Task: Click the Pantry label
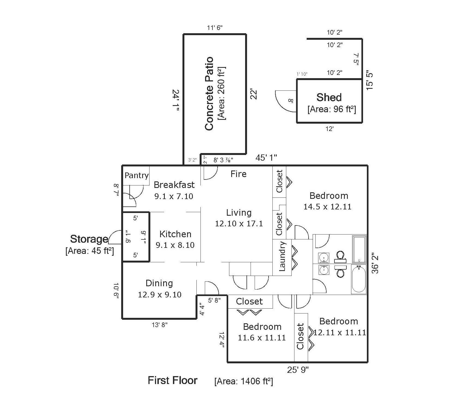point(136,175)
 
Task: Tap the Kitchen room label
point(175,234)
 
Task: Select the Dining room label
point(159,283)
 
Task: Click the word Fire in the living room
point(238,174)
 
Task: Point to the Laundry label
point(282,256)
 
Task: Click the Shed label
point(329,97)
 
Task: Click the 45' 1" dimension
point(266,157)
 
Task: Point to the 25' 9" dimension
point(298,370)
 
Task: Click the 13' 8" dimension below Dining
point(159,325)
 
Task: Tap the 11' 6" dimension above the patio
point(215,28)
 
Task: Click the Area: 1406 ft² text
point(243,381)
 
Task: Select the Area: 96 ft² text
point(332,109)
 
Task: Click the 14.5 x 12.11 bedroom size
point(327,207)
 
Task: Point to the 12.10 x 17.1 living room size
point(239,224)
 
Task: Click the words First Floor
point(172,380)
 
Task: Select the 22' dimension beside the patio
point(254,94)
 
